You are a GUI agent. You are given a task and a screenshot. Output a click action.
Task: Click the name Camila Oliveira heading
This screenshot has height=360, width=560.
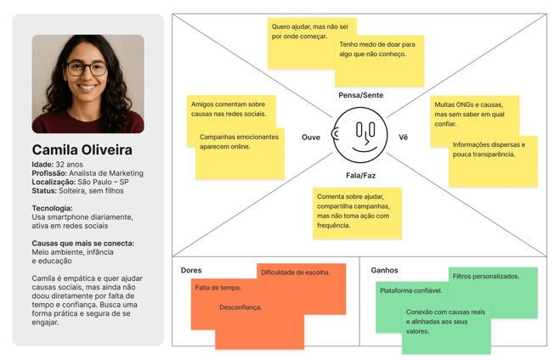pyautogui.click(x=82, y=150)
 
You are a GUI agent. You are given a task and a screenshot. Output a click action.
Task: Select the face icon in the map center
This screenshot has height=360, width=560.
pyautogui.click(x=360, y=136)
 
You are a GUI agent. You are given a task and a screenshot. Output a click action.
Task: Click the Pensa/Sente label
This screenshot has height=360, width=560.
pyautogui.click(x=360, y=95)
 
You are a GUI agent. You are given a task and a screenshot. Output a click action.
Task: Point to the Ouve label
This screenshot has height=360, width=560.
pyautogui.click(x=311, y=137)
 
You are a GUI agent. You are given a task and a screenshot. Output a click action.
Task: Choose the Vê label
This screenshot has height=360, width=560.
pyautogui.click(x=403, y=137)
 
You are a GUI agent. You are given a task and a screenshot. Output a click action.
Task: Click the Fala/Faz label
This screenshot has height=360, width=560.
pyautogui.click(x=360, y=176)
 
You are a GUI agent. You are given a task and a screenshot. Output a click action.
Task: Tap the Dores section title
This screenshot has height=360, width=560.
pyautogui.click(x=191, y=271)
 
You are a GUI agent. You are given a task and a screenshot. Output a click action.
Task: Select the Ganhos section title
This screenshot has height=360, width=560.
pyautogui.click(x=384, y=271)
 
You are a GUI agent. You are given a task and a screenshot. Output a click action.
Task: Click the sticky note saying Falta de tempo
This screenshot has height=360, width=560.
pyautogui.click(x=218, y=288)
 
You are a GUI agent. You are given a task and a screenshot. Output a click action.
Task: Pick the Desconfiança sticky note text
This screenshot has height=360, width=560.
pyautogui.click(x=240, y=307)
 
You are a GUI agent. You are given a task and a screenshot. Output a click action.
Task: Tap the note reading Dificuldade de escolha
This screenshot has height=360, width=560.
pyautogui.click(x=296, y=273)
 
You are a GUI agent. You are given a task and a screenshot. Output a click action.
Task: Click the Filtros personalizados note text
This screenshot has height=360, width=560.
pyautogui.click(x=485, y=276)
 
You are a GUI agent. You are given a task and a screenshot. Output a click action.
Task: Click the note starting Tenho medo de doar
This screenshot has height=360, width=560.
pyautogui.click(x=377, y=49)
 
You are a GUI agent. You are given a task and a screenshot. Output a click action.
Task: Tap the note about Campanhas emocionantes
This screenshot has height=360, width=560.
pyautogui.click(x=239, y=142)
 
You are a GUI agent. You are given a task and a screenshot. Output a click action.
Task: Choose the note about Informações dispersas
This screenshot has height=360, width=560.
pyautogui.click(x=489, y=149)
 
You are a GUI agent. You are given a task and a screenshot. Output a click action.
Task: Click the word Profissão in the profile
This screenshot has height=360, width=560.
pyautogui.click(x=49, y=173)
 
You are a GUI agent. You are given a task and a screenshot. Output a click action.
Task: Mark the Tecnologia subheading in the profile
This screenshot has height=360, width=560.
pyautogui.click(x=52, y=208)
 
